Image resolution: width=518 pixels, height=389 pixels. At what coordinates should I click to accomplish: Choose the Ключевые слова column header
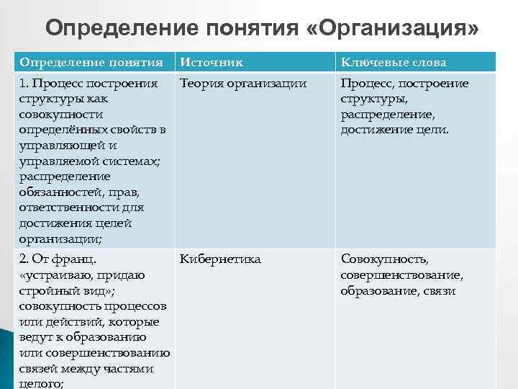pos(394,63)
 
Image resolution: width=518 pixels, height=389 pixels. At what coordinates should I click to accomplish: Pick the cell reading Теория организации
pos(243,84)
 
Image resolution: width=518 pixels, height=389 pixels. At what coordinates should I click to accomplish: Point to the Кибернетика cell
pos(220,259)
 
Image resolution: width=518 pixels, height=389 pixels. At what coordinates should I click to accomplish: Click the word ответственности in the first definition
pos(73,207)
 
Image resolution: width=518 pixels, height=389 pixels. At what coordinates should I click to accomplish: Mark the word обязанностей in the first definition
pos(60,192)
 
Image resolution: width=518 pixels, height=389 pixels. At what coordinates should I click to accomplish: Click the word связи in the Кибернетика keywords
pos(440,291)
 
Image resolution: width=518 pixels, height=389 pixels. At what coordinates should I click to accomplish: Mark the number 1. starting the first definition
pos(25,84)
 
